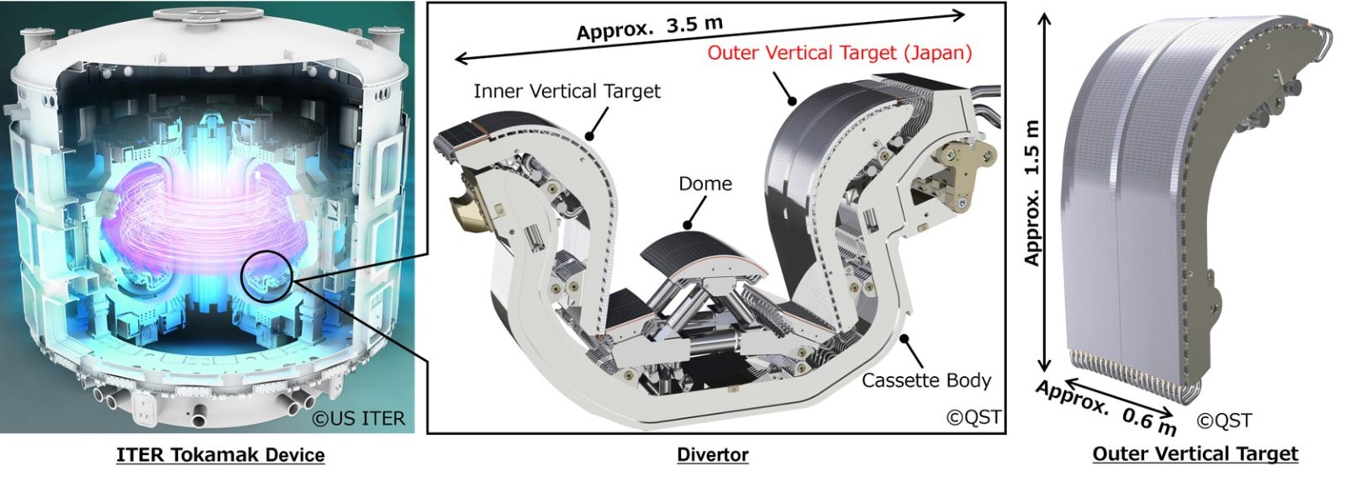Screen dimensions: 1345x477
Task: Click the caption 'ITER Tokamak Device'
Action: click(220, 455)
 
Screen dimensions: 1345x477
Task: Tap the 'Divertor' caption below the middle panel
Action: click(713, 455)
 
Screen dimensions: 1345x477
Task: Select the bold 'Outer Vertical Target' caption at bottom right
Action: click(1195, 454)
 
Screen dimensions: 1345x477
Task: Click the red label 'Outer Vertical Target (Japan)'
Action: click(840, 53)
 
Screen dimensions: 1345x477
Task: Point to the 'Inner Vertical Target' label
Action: click(567, 91)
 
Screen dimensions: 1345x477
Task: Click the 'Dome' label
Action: click(705, 183)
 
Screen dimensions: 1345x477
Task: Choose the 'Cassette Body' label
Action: click(926, 381)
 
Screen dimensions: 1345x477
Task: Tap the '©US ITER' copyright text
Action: click(359, 418)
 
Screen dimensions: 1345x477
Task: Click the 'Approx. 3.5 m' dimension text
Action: click(650, 29)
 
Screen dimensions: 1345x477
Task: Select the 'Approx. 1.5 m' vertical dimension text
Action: click(1032, 193)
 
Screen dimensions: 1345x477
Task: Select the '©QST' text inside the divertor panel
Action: click(973, 417)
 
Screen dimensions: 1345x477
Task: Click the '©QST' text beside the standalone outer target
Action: click(1224, 420)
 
